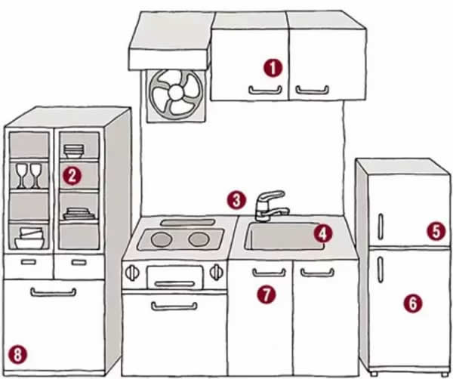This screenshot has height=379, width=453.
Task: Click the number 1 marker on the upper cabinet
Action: [273, 68]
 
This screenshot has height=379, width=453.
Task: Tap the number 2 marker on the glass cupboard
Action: [72, 176]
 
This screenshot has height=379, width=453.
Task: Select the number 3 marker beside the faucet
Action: [237, 200]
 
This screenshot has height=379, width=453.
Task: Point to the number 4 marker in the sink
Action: [322, 233]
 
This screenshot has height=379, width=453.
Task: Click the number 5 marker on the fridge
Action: [435, 231]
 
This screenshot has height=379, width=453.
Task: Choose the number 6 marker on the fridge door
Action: [411, 303]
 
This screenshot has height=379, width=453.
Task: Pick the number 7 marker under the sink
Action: [265, 294]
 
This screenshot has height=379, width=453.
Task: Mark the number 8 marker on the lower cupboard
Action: [17, 353]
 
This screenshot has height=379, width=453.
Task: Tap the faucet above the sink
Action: [268, 205]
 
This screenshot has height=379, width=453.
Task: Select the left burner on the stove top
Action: [162, 239]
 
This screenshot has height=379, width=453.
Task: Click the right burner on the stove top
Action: [199, 239]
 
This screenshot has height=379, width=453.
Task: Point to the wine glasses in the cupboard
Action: [28, 174]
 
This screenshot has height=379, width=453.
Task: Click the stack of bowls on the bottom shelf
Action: [30, 238]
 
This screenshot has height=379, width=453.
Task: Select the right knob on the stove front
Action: [218, 271]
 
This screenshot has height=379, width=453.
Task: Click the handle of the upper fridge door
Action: [381, 224]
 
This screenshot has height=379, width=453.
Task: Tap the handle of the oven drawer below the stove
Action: [174, 306]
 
